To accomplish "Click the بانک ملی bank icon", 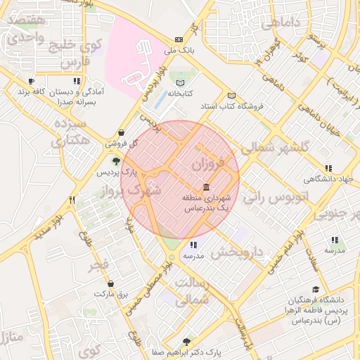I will [x=179, y=40].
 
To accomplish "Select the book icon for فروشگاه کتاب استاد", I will [x=232, y=96].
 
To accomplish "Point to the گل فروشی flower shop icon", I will [x=122, y=131].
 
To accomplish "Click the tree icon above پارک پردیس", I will [x=107, y=161].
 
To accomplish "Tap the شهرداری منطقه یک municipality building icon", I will [x=205, y=187].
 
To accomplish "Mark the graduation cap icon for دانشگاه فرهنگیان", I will [x=316, y=290].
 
